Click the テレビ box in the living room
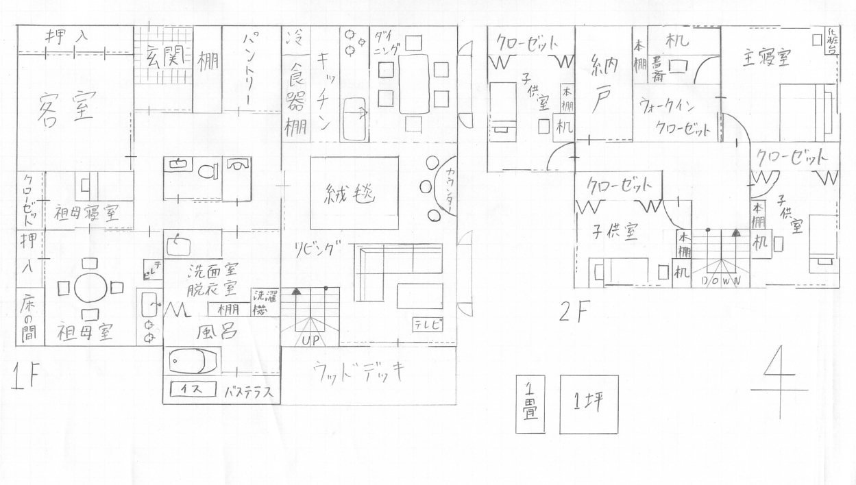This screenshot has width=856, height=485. click(427, 325)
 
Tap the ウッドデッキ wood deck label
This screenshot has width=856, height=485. click(358, 372)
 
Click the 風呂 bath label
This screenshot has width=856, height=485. click(217, 332)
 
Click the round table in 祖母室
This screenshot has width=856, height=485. click(90, 288)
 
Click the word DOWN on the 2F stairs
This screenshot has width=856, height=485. click(719, 281)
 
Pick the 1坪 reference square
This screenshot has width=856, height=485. click(588, 404)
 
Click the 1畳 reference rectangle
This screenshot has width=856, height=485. click(530, 404)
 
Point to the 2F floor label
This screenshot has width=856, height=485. click(574, 312)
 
